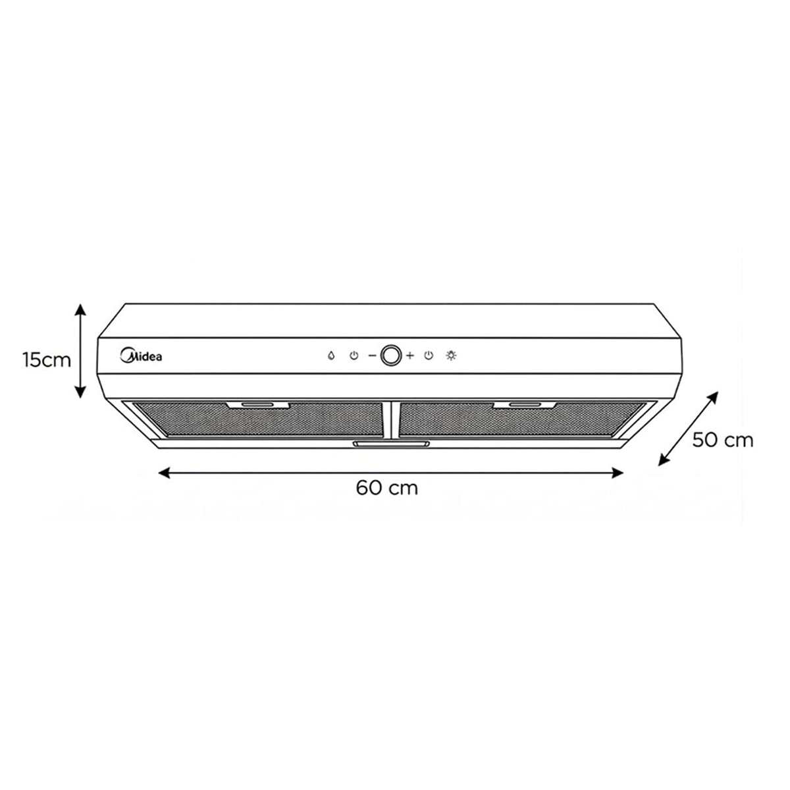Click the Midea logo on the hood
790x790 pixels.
point(141,355)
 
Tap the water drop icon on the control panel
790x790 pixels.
point(331,355)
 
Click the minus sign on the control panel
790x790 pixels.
point(372,355)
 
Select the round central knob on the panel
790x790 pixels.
point(390,355)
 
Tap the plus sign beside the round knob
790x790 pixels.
point(409,355)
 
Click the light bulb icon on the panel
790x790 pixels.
point(451,355)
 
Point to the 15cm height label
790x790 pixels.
point(47,360)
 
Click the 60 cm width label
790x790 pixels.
point(387,488)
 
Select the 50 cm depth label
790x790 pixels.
point(723,440)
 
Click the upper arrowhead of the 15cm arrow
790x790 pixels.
point(80,309)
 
